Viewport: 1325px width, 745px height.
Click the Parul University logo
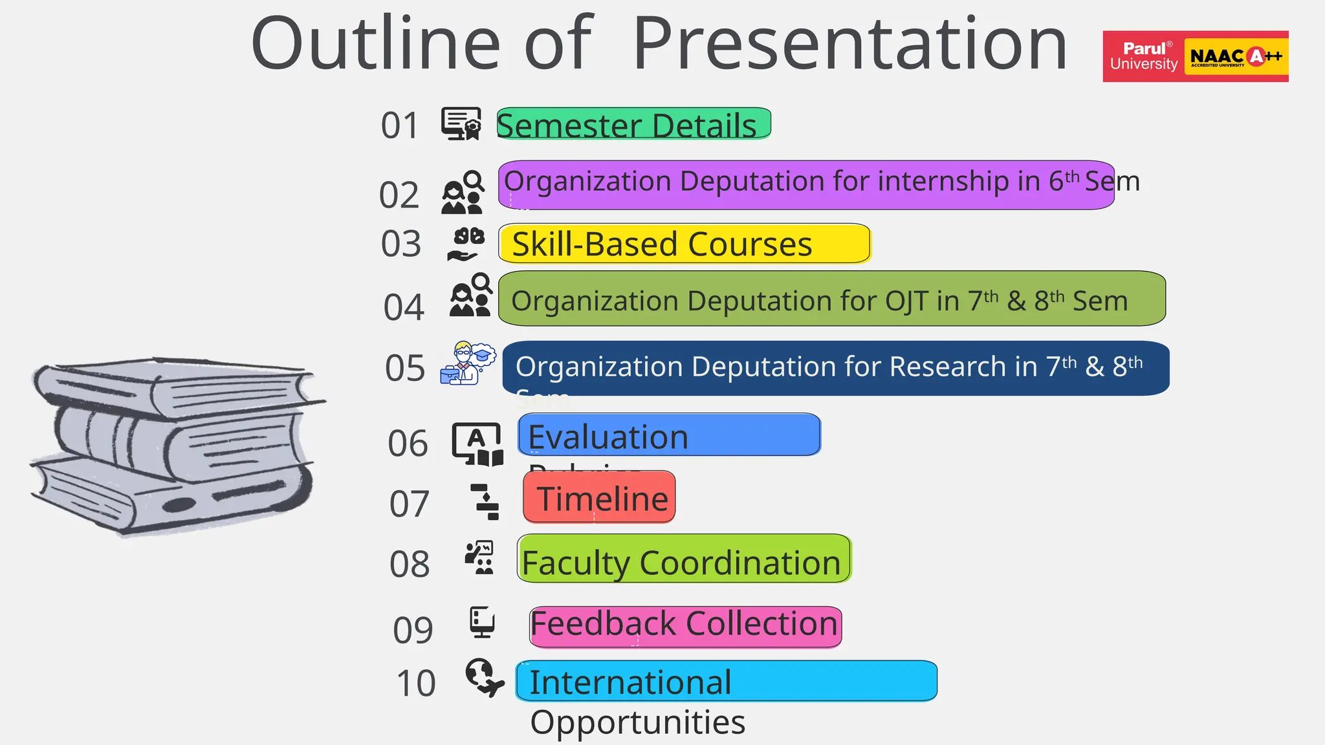tap(1143, 56)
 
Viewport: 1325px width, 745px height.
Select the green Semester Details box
tap(633, 124)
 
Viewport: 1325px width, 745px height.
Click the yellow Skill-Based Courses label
tap(684, 244)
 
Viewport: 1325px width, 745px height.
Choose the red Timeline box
tap(599, 497)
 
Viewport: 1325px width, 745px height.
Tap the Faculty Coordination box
tap(684, 559)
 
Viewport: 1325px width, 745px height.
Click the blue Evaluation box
tap(669, 435)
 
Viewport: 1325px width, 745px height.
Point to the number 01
tap(400, 125)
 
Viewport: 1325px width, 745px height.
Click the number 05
tap(405, 368)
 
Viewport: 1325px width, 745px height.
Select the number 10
tap(416, 684)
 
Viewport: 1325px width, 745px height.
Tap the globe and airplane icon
tap(484, 677)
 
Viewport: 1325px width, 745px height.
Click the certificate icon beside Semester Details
tap(461, 124)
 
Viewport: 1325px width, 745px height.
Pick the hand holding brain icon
tap(466, 244)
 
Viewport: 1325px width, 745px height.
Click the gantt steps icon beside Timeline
tap(485, 502)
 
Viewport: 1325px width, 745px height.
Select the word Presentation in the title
tap(849, 44)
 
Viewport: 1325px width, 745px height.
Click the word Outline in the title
tap(375, 44)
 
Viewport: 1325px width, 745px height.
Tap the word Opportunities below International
tap(637, 722)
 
